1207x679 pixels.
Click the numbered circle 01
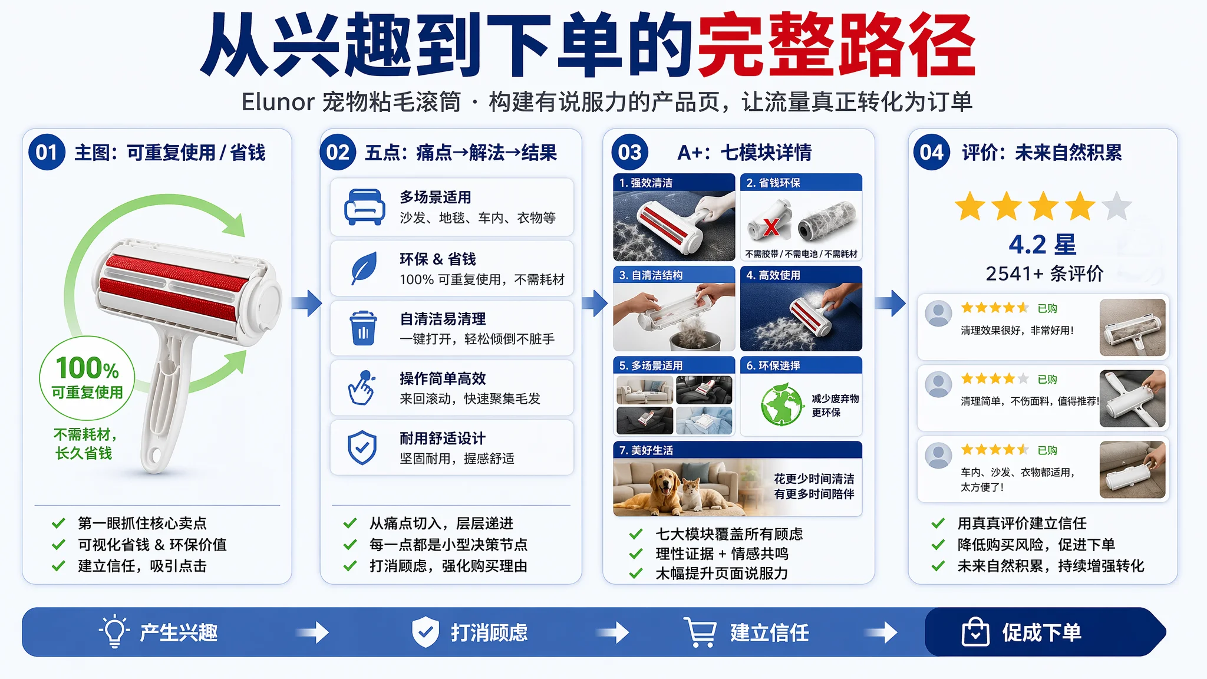click(x=47, y=152)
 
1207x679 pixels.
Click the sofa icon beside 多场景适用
click(x=365, y=207)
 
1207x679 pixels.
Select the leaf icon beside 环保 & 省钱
click(x=364, y=268)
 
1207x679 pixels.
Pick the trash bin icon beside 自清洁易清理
click(x=363, y=328)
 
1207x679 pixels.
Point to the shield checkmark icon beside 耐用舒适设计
click(x=362, y=447)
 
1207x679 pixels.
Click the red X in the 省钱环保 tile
click(x=771, y=226)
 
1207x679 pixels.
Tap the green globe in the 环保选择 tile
click(x=782, y=404)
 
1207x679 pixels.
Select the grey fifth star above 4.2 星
click(x=1117, y=206)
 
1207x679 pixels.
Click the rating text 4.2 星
click(x=1042, y=244)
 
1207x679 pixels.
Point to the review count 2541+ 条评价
click(x=1044, y=273)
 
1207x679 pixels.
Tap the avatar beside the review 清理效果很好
click(x=938, y=314)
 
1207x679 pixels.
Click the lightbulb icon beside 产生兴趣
click(x=114, y=631)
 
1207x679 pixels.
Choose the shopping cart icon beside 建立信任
click(x=700, y=632)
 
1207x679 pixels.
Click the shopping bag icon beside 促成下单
click(x=975, y=632)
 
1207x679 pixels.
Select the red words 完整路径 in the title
click(x=836, y=45)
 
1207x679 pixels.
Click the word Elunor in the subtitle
click(x=278, y=102)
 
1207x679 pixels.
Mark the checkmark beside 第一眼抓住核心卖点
click(x=58, y=523)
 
